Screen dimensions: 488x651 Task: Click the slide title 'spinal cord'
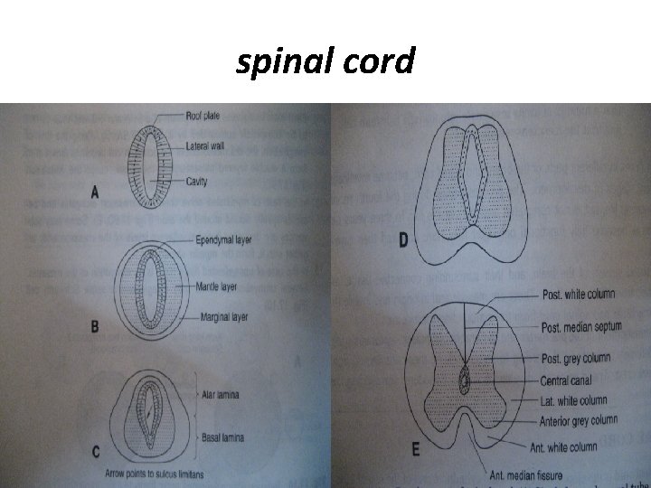(x=325, y=62)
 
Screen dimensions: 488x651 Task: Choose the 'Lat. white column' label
(x=572, y=400)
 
